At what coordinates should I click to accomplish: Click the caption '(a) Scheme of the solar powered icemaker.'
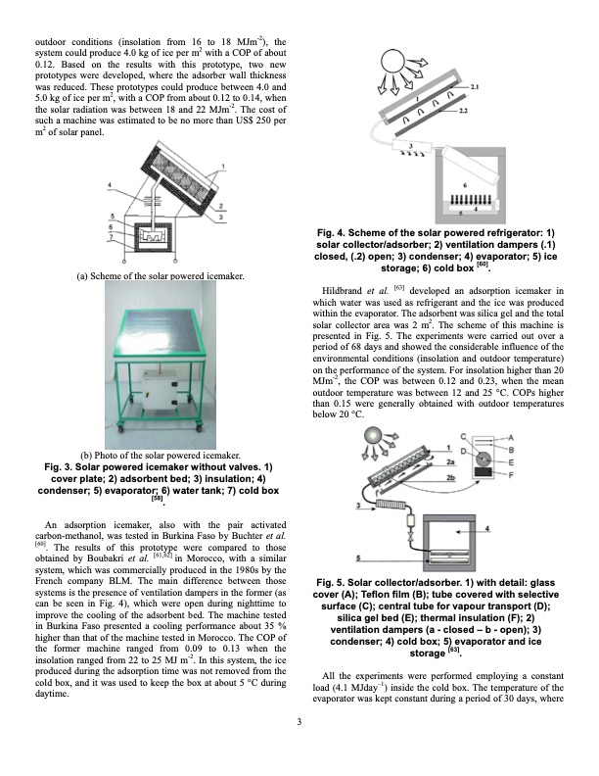(161, 276)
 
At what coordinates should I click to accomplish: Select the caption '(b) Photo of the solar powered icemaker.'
(161, 455)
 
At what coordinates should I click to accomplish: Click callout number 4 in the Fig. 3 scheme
(111, 183)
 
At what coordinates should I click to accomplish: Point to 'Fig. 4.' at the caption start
(346, 232)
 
